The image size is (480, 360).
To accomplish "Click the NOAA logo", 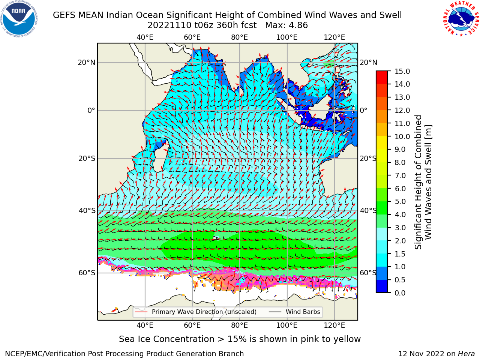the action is point(19,19).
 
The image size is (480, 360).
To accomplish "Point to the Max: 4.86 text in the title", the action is point(286,25).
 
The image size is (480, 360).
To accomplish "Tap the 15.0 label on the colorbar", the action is point(402,71).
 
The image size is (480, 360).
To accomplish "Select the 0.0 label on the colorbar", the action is point(400,293).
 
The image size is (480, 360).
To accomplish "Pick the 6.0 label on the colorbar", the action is point(400,188).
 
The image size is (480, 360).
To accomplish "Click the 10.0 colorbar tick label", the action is point(402,136).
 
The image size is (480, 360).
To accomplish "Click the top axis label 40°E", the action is point(145,37).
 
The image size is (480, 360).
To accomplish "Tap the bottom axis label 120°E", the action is point(334,325).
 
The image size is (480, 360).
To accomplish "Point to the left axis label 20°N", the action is point(87,63).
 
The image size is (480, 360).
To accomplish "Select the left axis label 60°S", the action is point(87,273).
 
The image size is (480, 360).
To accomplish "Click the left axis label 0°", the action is point(91,110).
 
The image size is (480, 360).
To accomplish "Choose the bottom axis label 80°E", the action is point(240,325).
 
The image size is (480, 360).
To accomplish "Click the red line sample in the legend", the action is point(141,312).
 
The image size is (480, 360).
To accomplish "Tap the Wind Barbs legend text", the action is point(303,312).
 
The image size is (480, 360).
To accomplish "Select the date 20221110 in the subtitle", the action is point(169,25).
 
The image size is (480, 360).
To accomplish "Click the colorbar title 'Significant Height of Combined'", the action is point(418,182).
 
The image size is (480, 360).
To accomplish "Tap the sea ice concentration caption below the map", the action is point(240,339).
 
